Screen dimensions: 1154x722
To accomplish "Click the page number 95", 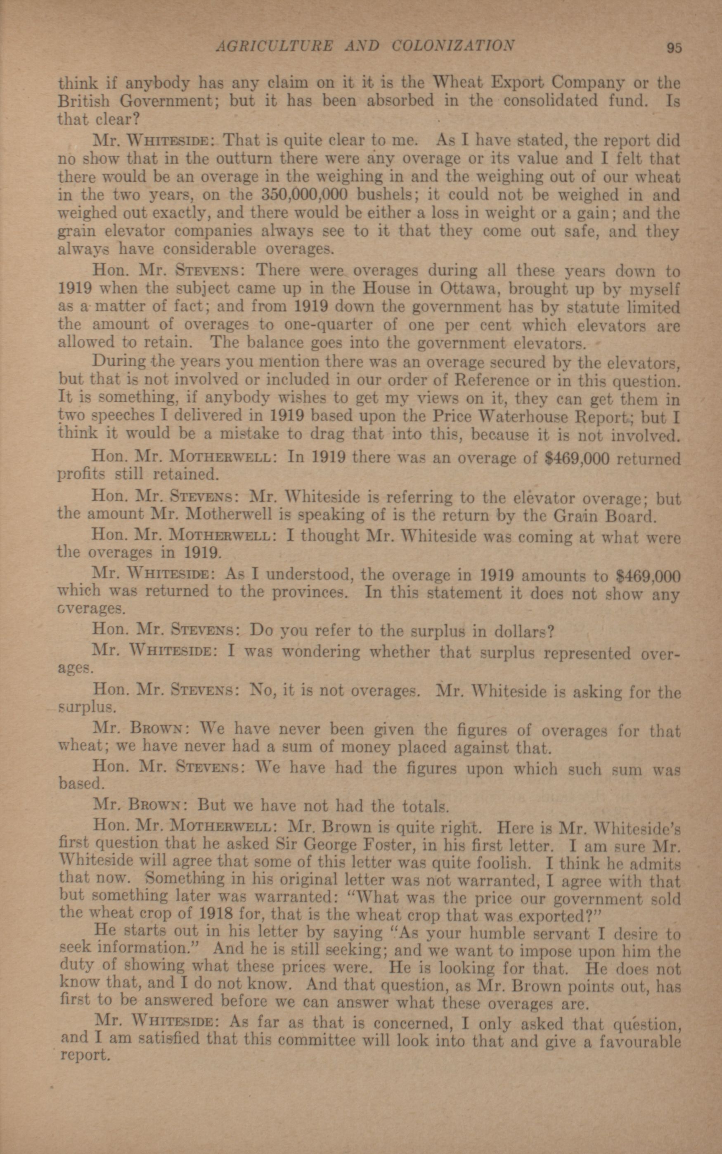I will [674, 48].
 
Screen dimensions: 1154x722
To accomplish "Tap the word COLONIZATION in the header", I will [453, 46].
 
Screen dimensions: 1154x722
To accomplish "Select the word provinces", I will [308, 592].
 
